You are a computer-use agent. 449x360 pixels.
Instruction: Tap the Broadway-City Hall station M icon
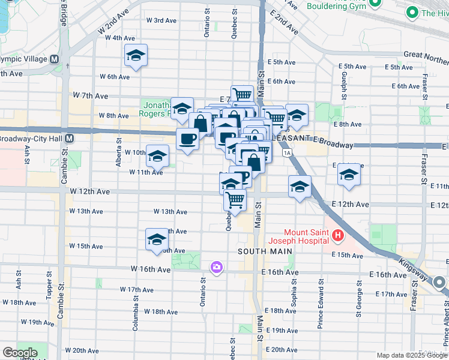coord(70,138)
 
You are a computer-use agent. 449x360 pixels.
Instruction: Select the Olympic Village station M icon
coord(54,59)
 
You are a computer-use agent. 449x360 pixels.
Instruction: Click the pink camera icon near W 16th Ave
coord(215,266)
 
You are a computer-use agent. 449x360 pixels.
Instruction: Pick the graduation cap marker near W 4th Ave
coord(136,56)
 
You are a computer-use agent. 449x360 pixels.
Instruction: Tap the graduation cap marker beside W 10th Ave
coord(157,157)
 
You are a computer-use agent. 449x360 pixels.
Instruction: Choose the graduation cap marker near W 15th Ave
coord(157,239)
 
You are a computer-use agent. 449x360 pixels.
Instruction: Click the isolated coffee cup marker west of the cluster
coord(187,139)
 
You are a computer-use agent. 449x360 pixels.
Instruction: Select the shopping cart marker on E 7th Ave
coord(242,94)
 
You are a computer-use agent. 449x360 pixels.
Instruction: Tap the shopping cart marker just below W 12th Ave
coord(235,199)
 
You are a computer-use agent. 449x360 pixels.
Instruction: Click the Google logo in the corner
coord(19,353)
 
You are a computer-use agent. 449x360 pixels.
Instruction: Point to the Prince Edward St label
coord(321,295)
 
